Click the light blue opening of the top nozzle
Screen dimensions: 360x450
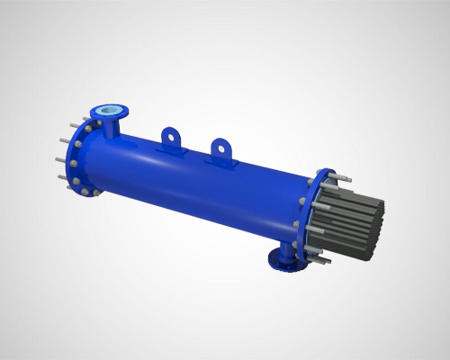point(111,112)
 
